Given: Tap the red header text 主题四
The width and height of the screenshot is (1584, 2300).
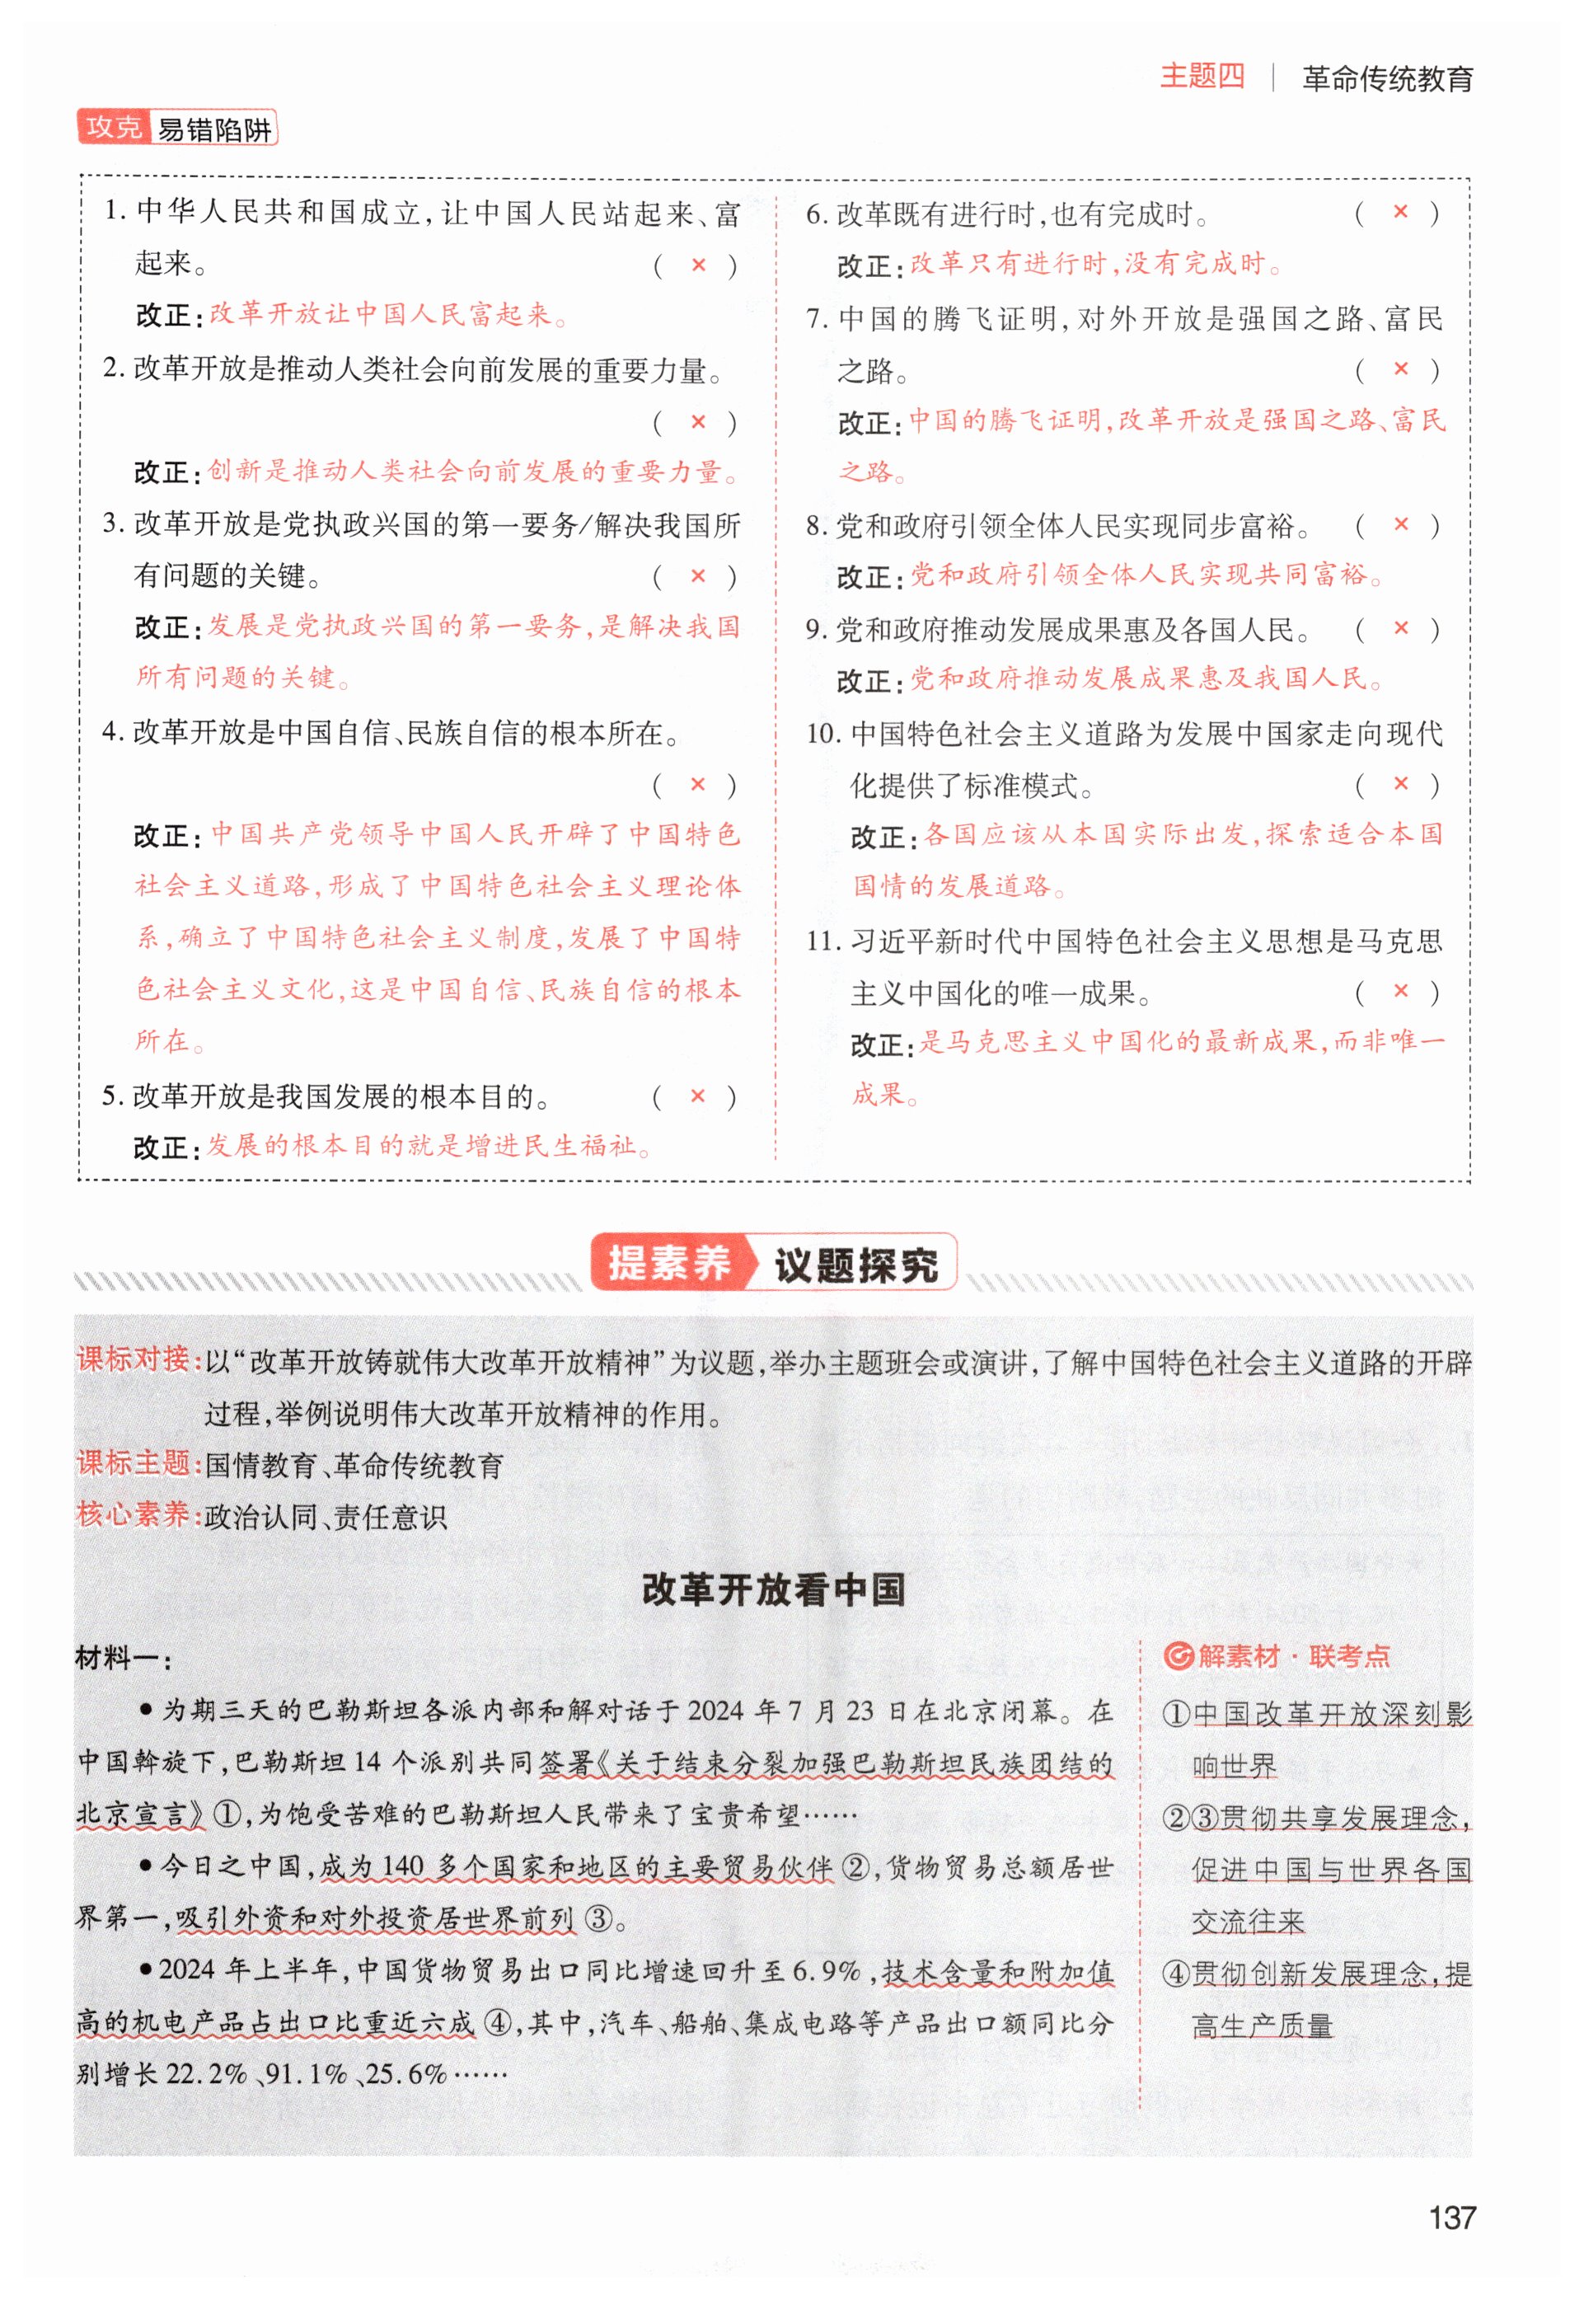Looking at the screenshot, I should (x=1201, y=77).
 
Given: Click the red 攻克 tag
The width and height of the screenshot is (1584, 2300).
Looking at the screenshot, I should (x=113, y=127).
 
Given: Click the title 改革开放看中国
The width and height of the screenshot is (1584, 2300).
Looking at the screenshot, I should (x=773, y=1589).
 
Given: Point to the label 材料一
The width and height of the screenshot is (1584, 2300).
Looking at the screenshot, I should (x=122, y=1658).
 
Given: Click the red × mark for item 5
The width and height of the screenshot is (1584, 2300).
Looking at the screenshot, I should (x=698, y=1096).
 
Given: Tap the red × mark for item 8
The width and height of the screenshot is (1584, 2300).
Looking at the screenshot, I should (x=1400, y=524).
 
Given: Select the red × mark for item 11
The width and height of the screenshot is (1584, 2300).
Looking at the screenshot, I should (x=1400, y=991).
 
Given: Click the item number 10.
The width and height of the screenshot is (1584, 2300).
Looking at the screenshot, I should (x=822, y=734).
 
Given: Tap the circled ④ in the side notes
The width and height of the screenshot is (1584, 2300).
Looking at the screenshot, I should (x=1175, y=1974).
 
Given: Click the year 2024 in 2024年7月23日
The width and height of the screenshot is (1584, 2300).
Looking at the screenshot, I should (x=715, y=1711).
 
